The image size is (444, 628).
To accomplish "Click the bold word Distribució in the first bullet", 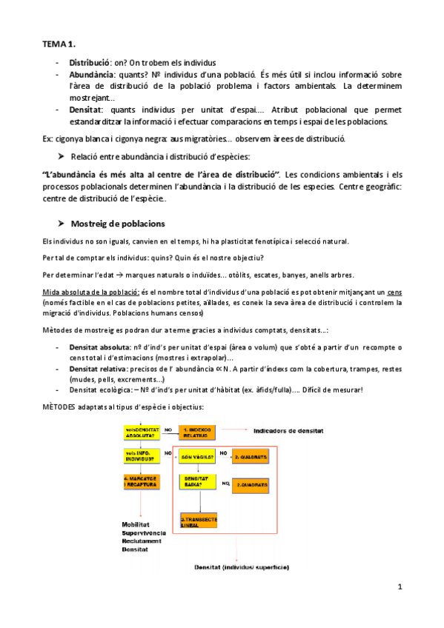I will (x=90, y=63).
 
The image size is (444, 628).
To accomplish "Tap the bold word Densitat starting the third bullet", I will (x=86, y=109).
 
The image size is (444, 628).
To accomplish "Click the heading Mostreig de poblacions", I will (x=118, y=224).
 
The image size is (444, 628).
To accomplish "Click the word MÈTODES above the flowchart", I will (x=62, y=407).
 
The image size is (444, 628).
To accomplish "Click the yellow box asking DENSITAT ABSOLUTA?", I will (x=142, y=432).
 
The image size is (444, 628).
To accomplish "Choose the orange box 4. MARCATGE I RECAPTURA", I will (x=142, y=482).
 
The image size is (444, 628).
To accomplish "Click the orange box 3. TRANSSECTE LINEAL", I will (x=199, y=522).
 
